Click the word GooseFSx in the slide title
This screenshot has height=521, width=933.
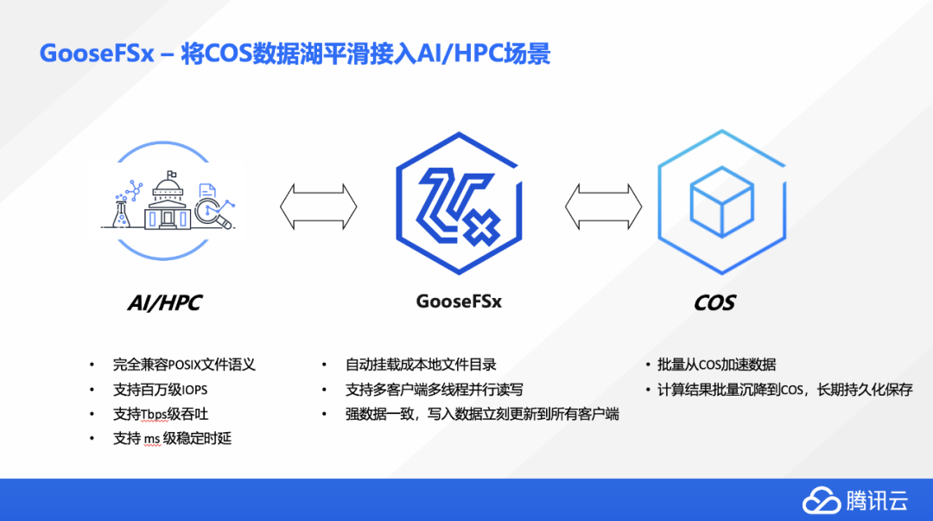(x=97, y=54)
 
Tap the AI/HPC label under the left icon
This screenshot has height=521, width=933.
(x=164, y=302)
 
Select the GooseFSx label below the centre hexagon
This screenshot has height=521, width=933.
(x=459, y=302)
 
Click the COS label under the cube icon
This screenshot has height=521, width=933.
(x=714, y=302)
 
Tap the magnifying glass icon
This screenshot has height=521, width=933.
(x=213, y=212)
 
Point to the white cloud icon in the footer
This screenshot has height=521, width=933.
(x=822, y=501)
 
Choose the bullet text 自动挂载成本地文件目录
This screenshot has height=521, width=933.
(x=421, y=365)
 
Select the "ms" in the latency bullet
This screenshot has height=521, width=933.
(x=151, y=439)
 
